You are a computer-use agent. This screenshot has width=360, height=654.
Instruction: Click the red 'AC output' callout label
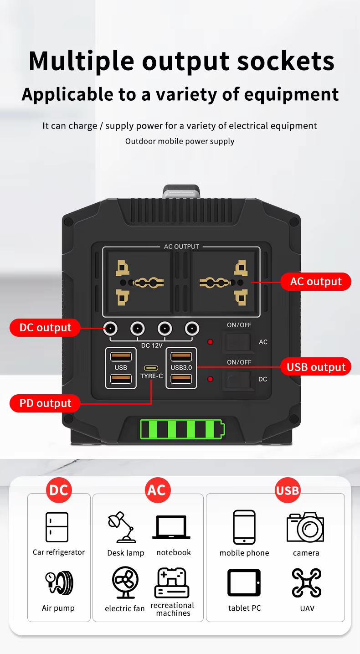pyautogui.click(x=316, y=282)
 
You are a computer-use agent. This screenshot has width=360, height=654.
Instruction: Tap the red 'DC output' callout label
pyautogui.click(x=45, y=328)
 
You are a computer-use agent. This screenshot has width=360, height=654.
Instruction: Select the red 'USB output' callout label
pyautogui.click(x=316, y=367)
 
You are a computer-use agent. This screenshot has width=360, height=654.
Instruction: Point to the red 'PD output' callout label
pyautogui.click(x=45, y=403)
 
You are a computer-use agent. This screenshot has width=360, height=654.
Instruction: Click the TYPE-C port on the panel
pyautogui.click(x=151, y=368)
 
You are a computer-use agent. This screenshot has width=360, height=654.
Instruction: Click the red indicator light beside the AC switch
pyautogui.click(x=211, y=342)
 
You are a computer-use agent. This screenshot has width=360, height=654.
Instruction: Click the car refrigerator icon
pyautogui.click(x=57, y=527)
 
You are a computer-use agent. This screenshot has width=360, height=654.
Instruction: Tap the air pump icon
pyautogui.click(x=59, y=583)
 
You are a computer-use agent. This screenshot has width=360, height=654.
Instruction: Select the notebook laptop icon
pyautogui.click(x=171, y=528)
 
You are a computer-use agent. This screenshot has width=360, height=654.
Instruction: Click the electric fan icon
pyautogui.click(x=125, y=582)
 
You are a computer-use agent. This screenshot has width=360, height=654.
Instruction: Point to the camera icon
pyautogui.click(x=305, y=527)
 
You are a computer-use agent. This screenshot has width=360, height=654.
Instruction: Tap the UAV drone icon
pyautogui.click(x=307, y=583)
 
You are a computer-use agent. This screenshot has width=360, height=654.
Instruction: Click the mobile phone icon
pyautogui.click(x=244, y=527)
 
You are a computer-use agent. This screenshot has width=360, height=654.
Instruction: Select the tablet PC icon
pyautogui.click(x=244, y=583)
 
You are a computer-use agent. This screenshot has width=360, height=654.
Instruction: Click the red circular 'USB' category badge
pyautogui.click(x=288, y=490)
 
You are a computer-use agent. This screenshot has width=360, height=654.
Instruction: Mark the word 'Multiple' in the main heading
pyautogui.click(x=82, y=61)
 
